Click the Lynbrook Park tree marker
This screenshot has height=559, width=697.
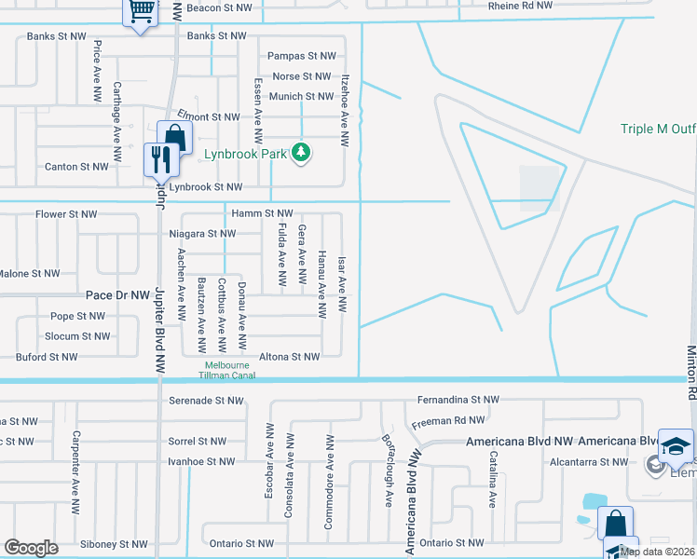click(x=300, y=151)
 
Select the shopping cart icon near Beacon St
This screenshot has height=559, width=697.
click(x=141, y=12)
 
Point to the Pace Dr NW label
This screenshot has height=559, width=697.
click(x=117, y=294)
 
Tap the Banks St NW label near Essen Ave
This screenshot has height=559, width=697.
click(x=216, y=36)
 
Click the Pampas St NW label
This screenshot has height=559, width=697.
click(x=299, y=56)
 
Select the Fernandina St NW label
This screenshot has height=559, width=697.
click(x=454, y=400)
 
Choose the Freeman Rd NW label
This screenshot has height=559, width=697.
click(x=449, y=420)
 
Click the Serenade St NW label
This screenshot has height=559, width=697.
click(x=206, y=401)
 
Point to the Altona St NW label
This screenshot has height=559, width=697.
click(x=289, y=357)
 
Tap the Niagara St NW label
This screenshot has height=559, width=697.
click(x=202, y=234)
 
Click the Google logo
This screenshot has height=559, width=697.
click(x=31, y=548)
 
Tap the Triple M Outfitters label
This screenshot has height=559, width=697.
click(x=658, y=130)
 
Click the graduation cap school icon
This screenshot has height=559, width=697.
click(x=676, y=444)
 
